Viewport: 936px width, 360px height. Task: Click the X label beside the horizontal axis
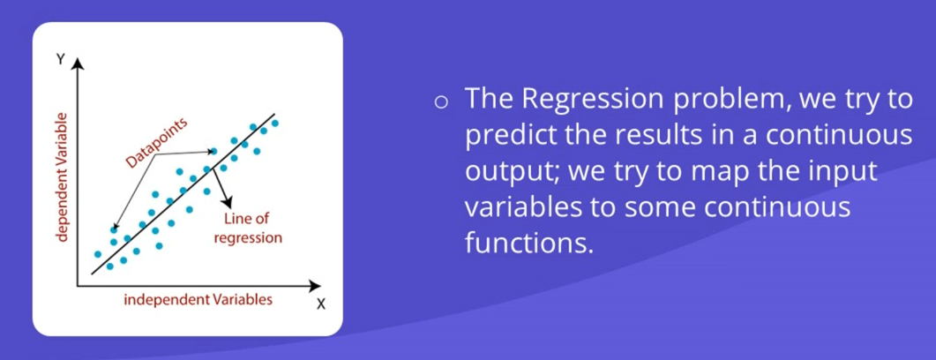pos(320,304)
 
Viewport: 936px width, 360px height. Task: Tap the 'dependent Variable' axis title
pos(60,176)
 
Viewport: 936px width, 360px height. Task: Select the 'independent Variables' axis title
pos(198,300)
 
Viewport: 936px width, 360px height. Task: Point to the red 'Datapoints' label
pos(156,143)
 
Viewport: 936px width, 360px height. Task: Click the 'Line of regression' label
pos(248,228)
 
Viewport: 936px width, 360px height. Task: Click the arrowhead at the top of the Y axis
pos(79,64)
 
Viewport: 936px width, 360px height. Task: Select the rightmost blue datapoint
pos(274,124)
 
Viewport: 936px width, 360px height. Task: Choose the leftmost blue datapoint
pos(98,254)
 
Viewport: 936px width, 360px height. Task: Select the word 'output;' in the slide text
pos(511,174)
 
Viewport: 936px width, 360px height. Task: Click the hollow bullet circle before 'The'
pos(441,102)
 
